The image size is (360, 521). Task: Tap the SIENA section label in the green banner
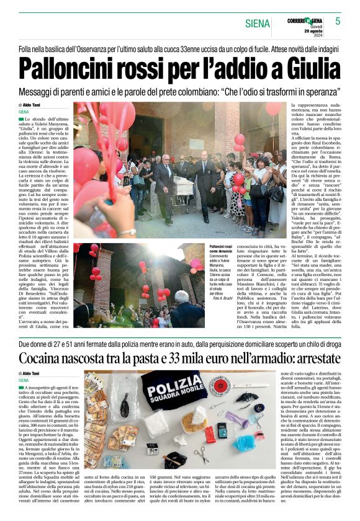pos(256,24)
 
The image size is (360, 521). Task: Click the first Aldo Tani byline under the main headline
pos(43,105)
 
